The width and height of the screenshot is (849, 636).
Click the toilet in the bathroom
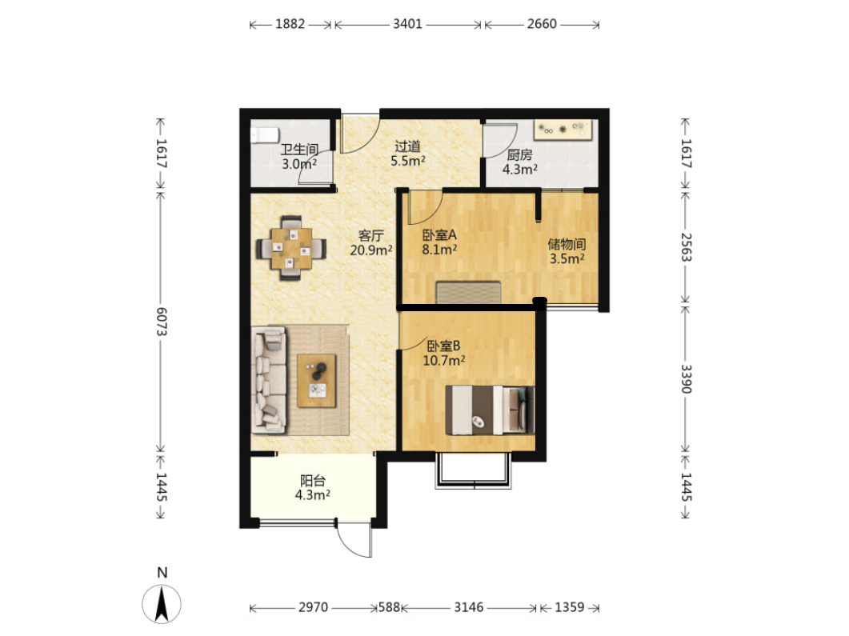tap(264, 134)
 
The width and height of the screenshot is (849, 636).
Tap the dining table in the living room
tap(291, 249)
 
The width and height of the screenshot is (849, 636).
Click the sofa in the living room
tap(269, 380)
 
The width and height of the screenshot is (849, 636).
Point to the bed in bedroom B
tap(490, 410)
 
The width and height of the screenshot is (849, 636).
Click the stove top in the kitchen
tap(563, 130)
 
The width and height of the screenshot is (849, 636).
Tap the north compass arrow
tap(162, 604)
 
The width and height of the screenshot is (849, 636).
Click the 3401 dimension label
tap(408, 24)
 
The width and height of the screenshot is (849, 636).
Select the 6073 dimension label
tap(162, 322)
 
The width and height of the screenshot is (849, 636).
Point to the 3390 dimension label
tap(686, 379)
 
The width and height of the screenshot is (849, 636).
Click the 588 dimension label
tap(389, 607)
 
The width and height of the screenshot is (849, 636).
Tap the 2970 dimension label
tap(313, 607)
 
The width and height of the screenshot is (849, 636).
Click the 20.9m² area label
tap(371, 250)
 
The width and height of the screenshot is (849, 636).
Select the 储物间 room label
tap(567, 244)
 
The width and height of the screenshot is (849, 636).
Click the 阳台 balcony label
tap(313, 481)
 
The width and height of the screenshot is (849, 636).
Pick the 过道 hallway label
tap(408, 146)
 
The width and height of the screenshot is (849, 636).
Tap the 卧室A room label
tap(439, 235)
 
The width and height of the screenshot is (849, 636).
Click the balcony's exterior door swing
tap(354, 540)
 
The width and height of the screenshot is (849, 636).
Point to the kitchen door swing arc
tap(501, 141)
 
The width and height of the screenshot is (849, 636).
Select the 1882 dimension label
tap(290, 24)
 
